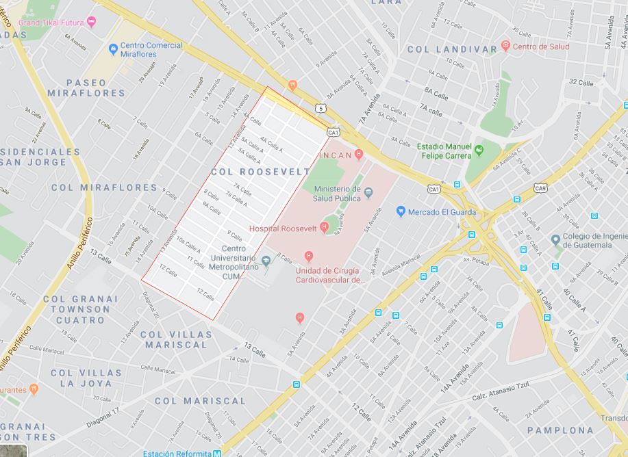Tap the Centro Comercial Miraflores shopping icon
pos(113,49)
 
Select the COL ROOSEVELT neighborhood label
pos(260,172)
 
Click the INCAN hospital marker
pos(359,155)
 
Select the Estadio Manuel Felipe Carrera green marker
pos(479,151)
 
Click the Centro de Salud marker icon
pos(505,47)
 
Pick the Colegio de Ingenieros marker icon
pos(555,240)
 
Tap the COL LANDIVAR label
pos(452,49)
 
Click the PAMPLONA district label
pos(560,430)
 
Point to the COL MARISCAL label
pos(199,401)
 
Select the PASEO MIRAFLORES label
pos(86,88)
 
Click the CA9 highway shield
pos(540,188)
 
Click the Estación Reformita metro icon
pos(216,453)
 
